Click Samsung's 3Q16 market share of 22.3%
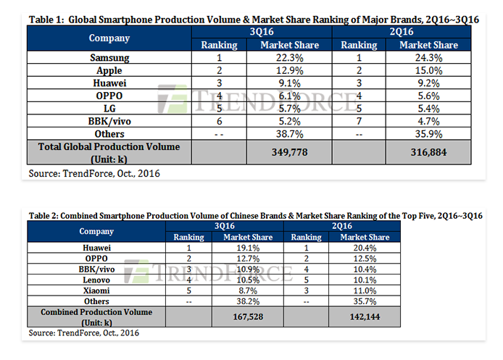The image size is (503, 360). tap(290, 58)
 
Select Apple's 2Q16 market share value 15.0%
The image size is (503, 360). tap(428, 70)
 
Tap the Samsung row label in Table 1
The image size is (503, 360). tap(109, 58)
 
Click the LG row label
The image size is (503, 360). tap(109, 109)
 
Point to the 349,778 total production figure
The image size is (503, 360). tap(290, 152)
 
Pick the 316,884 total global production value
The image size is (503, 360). tap(428, 152)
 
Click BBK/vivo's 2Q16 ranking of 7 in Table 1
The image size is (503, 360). tap(359, 121)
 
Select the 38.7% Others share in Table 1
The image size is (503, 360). tap(290, 134)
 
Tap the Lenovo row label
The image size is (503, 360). tap(96, 280)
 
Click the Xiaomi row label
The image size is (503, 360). tap(96, 290)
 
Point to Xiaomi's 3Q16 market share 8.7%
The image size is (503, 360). tap(248, 290)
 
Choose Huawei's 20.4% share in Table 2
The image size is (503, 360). tap(365, 248)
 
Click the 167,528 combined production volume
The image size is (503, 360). tap(248, 317)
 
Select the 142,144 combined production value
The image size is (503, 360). tap(365, 317)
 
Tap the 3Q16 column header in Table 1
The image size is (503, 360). tap(262, 32)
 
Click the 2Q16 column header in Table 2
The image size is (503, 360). tap(342, 226)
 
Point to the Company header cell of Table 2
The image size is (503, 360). tap(96, 231)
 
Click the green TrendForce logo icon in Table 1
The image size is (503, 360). tap(172, 99)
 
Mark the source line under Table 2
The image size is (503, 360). tap(84, 332)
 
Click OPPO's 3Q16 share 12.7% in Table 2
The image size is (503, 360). tap(248, 259)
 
